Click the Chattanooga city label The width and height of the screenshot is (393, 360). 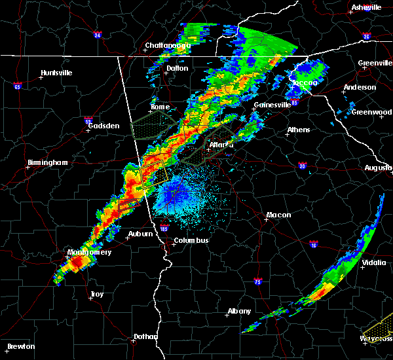click(x=167, y=45)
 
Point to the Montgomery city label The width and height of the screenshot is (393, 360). click(x=89, y=252)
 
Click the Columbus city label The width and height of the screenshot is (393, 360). click(x=191, y=240)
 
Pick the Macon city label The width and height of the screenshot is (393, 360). click(x=278, y=215)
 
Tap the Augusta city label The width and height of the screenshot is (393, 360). click(x=378, y=168)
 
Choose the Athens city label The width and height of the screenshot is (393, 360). click(x=298, y=130)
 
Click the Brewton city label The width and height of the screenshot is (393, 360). click(x=22, y=346)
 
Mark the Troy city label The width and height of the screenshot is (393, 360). click(x=96, y=295)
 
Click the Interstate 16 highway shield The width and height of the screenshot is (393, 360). click(x=313, y=243)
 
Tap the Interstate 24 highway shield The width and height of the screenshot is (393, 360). click(x=97, y=35)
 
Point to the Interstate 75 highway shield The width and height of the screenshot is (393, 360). click(x=258, y=281)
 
